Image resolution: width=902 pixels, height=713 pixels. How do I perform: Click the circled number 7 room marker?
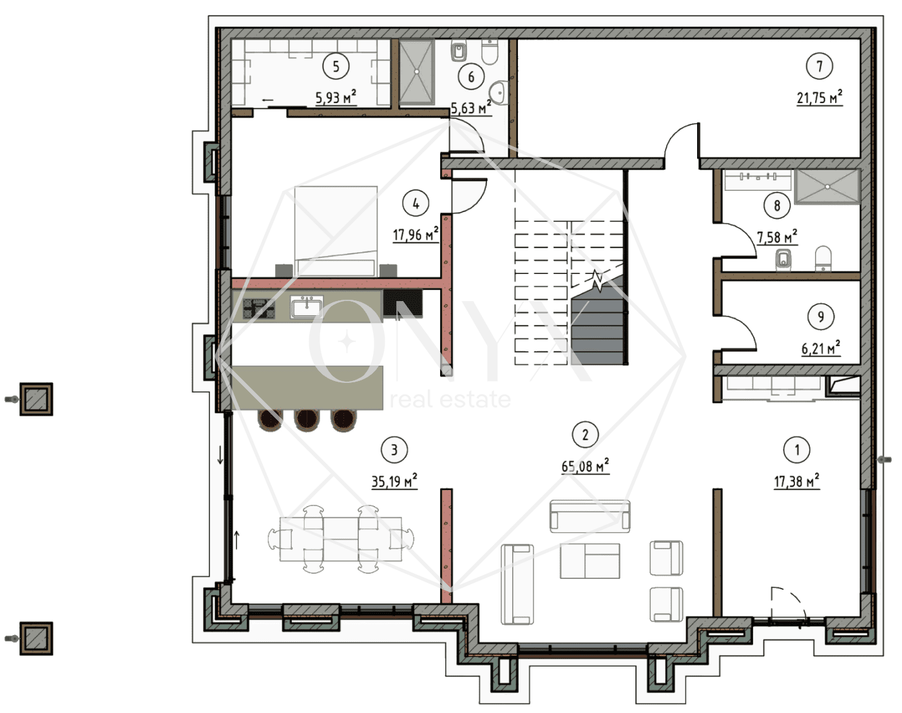pyautogui.click(x=820, y=66)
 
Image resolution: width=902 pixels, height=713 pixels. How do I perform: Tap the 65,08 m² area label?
pyautogui.click(x=585, y=465)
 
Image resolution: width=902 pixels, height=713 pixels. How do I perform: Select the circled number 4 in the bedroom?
pyautogui.click(x=416, y=204)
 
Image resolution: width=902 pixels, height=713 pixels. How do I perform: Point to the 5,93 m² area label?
pyautogui.click(x=336, y=97)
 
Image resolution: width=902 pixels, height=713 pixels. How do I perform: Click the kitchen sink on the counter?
pyautogui.click(x=307, y=307)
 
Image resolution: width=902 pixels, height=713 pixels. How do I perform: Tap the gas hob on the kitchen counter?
pyautogui.click(x=259, y=308)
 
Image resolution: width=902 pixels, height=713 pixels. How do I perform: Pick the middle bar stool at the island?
pyautogui.click(x=307, y=421)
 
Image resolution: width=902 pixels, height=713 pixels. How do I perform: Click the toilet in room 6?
pyautogui.click(x=489, y=51)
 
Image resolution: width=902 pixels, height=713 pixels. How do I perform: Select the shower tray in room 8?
pyautogui.click(x=827, y=187)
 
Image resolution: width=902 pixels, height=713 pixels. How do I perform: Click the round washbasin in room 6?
pyautogui.click(x=499, y=93)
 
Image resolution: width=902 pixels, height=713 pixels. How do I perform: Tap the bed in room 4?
pyautogui.click(x=336, y=231)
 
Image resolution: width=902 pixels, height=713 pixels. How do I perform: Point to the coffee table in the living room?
pyautogui.click(x=590, y=561)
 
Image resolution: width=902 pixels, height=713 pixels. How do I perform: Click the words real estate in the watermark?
pyautogui.click(x=450, y=399)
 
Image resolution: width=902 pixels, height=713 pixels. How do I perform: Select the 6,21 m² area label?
pyautogui.click(x=821, y=348)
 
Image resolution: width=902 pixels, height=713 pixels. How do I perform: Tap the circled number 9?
pyautogui.click(x=820, y=317)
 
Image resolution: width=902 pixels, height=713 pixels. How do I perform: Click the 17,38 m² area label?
pyautogui.click(x=796, y=481)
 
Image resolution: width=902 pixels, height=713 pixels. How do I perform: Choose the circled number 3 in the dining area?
pyautogui.click(x=394, y=449)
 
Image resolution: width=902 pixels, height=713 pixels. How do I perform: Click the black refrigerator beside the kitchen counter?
pyautogui.click(x=403, y=303)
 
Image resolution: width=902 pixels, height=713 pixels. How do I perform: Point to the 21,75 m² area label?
pyautogui.click(x=820, y=97)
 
